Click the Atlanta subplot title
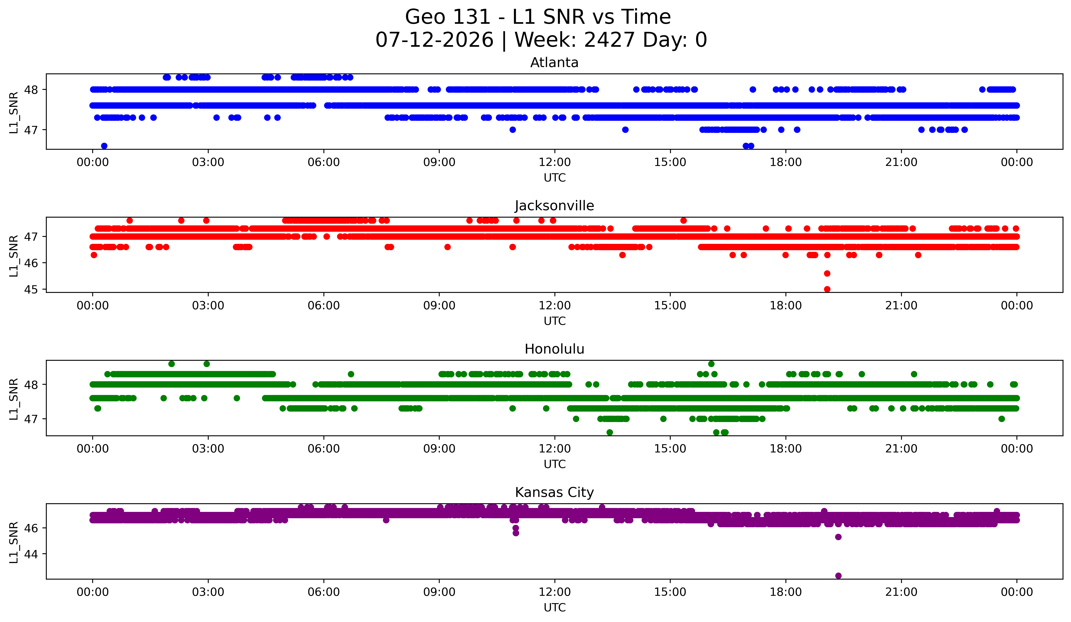(554, 63)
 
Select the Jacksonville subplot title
(554, 206)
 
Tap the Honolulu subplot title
(554, 349)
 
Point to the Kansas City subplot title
(554, 492)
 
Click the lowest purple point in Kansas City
(838, 576)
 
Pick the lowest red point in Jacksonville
(827, 289)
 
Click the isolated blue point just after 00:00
(104, 146)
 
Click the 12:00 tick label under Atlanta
(555, 162)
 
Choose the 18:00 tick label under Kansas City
(786, 592)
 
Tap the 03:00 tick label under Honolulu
(208, 449)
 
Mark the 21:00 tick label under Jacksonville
(901, 305)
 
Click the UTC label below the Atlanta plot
(555, 178)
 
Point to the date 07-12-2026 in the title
(434, 40)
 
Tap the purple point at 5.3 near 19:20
(838, 537)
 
